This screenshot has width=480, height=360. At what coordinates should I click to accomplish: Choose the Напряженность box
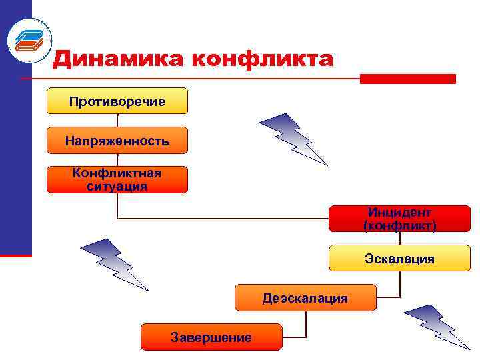pos(117,141)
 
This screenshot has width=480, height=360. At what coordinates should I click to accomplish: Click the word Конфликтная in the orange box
pos(117,173)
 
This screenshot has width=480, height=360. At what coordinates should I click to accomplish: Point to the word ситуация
pos(117,186)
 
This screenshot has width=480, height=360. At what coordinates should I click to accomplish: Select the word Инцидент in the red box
pos(399,212)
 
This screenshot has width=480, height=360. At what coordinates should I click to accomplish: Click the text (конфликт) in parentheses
pos(399,225)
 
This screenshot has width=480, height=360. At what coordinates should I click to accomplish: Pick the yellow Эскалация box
pos(399,258)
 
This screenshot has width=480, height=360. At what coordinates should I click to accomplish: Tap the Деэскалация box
pos(305,297)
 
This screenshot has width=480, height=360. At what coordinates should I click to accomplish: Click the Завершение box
pos(211,337)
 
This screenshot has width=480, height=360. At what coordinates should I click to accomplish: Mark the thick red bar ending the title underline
pos(407,79)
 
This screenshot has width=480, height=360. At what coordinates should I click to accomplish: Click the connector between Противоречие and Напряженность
pos(117,120)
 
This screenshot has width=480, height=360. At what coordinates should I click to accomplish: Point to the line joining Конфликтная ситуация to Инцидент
pos(220,218)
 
